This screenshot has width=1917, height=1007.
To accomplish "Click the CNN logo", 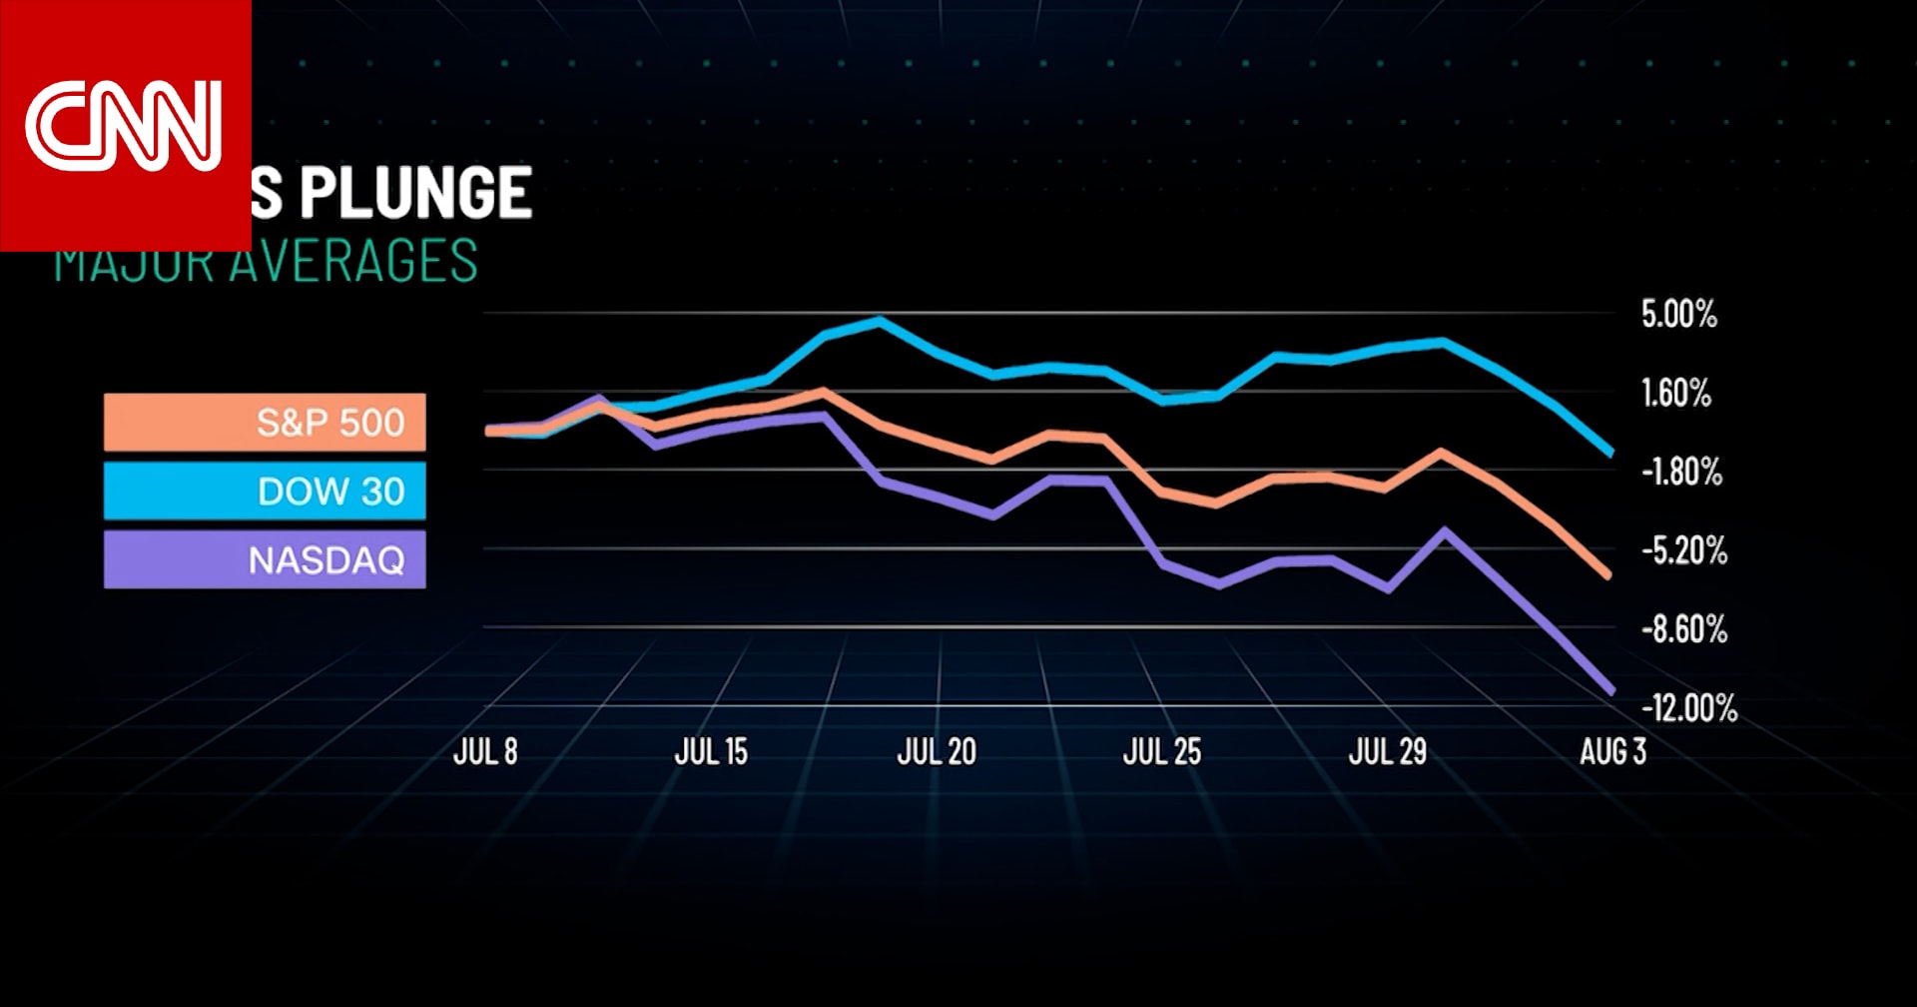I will tap(124, 126).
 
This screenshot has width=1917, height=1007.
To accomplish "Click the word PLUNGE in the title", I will tap(416, 193).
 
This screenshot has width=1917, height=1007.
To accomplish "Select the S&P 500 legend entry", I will tap(265, 423).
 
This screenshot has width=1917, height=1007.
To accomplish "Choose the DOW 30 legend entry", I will tap(265, 491).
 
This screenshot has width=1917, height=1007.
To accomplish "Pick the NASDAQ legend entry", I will tap(265, 559).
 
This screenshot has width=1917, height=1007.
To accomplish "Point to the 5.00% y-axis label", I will tap(1678, 315).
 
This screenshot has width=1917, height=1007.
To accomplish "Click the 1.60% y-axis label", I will tap(1676, 394).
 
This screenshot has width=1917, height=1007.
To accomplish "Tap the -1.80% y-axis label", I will tap(1681, 472).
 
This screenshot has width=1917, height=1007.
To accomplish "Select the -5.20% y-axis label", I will tap(1683, 550).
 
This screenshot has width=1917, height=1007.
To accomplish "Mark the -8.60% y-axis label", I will tap(1683, 629).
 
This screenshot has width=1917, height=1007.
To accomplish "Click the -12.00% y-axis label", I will tap(1688, 708).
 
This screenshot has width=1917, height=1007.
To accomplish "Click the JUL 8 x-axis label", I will tap(485, 752).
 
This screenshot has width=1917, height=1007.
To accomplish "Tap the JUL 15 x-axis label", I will tap(711, 752).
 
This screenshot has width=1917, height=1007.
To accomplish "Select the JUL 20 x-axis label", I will tap(937, 752).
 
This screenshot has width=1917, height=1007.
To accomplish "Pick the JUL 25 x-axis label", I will tap(1162, 752).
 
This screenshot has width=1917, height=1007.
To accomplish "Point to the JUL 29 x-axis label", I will tap(1388, 752).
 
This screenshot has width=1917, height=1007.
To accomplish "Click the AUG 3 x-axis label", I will tap(1612, 752).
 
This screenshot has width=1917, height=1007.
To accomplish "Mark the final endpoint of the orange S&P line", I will tap(1606, 575).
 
